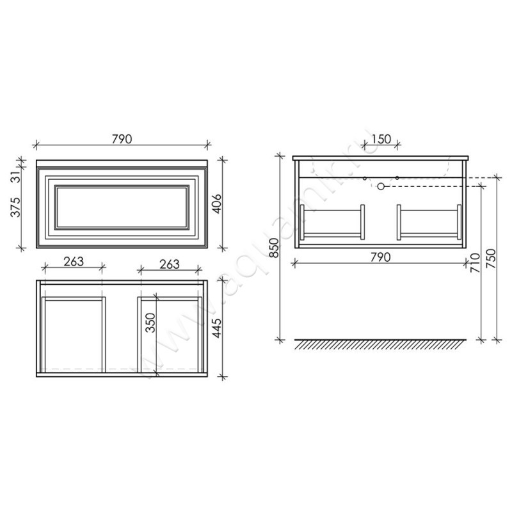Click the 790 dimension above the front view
tap(122, 139)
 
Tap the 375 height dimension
tap(15, 207)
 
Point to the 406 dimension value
tap(217, 204)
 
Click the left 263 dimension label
tap(74, 262)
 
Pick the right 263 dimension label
tap(170, 264)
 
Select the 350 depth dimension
tap(150, 323)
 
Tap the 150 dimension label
tap(381, 139)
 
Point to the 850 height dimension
tap(275, 248)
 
